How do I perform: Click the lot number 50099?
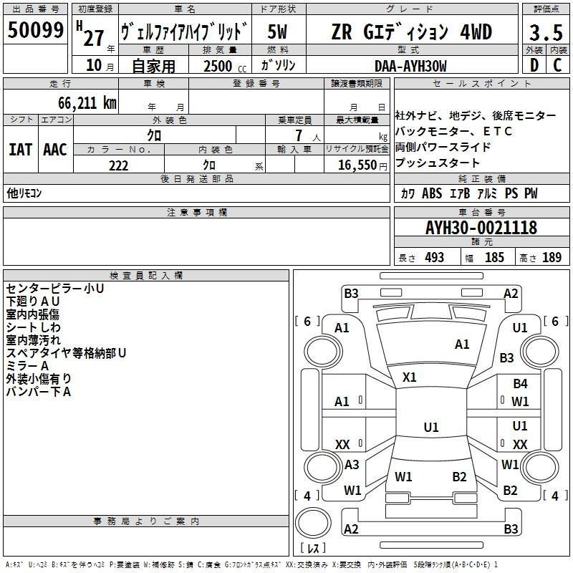coord(36,31)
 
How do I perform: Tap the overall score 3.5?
coord(544,32)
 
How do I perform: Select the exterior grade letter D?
coord(534,65)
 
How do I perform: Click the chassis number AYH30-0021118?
coord(481,228)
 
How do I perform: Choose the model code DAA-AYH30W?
coord(410,66)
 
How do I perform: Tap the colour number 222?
coord(118,165)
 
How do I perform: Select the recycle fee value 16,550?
coord(357,165)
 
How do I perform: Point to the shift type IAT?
coord(20,150)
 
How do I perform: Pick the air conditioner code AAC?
coord(55,150)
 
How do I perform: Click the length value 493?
coord(434,258)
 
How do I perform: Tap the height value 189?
coord(552,258)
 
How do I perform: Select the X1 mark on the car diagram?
coord(410,377)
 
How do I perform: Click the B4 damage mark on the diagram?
coord(520,384)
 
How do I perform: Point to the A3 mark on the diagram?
coord(352,465)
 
